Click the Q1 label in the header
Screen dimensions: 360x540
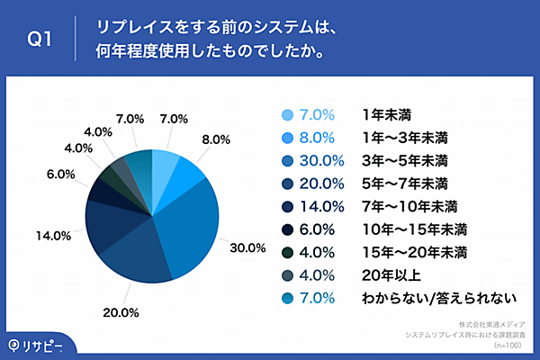pyautogui.click(x=40, y=40)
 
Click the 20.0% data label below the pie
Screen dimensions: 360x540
pyautogui.click(x=121, y=312)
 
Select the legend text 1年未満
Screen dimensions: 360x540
pyautogui.click(x=382, y=114)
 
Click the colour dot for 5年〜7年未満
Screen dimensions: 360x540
pyautogui.click(x=287, y=184)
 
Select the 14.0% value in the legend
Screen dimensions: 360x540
pyautogui.click(x=317, y=207)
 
